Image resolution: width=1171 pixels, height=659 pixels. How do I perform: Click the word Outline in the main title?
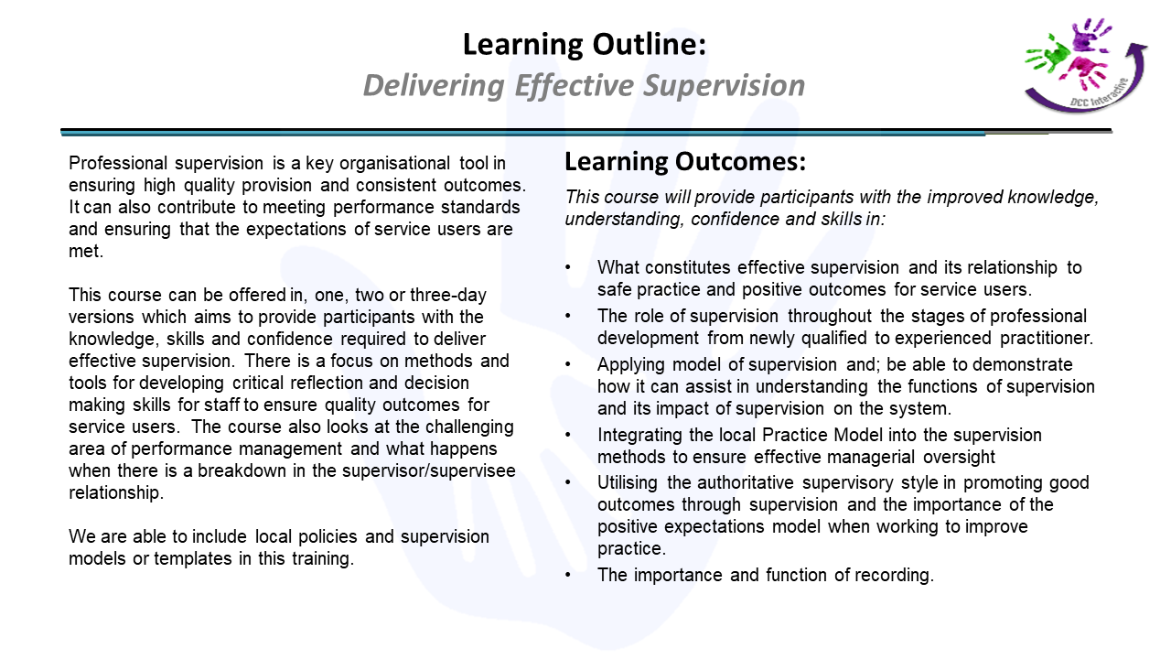tap(650, 44)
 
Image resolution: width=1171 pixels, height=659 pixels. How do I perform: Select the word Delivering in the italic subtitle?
tap(434, 86)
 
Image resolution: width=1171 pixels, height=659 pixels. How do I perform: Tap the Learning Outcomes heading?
tap(685, 161)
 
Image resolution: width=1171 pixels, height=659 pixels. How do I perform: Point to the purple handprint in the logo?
tap(1090, 36)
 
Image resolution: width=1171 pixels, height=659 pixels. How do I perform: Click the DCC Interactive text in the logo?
tap(1098, 94)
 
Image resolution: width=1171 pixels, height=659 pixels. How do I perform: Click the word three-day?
tap(448, 296)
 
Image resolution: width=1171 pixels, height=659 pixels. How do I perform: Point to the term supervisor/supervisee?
tap(429, 471)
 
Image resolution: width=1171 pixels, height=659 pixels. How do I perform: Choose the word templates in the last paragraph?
tap(193, 559)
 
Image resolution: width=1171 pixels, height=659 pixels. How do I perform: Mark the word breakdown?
tap(242, 470)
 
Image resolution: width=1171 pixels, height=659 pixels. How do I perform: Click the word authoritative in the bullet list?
tap(745, 482)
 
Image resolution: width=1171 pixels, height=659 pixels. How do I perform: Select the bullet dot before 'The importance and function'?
tap(568, 576)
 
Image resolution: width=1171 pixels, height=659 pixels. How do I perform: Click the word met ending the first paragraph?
tap(86, 252)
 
